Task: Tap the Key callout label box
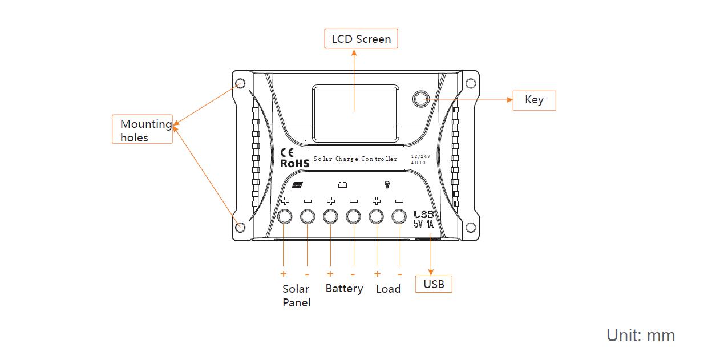pyautogui.click(x=534, y=100)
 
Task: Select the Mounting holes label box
pyautogui.click(x=143, y=130)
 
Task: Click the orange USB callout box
pyautogui.click(x=434, y=284)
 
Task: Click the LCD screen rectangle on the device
pyautogui.click(x=355, y=113)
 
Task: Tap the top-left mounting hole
pyautogui.click(x=240, y=83)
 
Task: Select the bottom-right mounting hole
pyautogui.click(x=471, y=228)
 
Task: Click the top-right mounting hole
pyautogui.click(x=471, y=83)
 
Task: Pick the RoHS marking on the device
pyautogui.click(x=294, y=164)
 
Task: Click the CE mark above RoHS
pyautogui.click(x=288, y=152)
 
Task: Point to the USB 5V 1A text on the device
pyautogui.click(x=423, y=220)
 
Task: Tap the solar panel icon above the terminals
pyautogui.click(x=297, y=185)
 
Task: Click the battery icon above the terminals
pyautogui.click(x=342, y=185)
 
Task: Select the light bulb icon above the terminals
pyautogui.click(x=387, y=185)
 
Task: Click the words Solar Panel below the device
pyautogui.click(x=296, y=296)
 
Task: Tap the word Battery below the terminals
pyautogui.click(x=344, y=289)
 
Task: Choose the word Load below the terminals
pyautogui.click(x=388, y=289)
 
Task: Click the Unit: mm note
pyautogui.click(x=640, y=335)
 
